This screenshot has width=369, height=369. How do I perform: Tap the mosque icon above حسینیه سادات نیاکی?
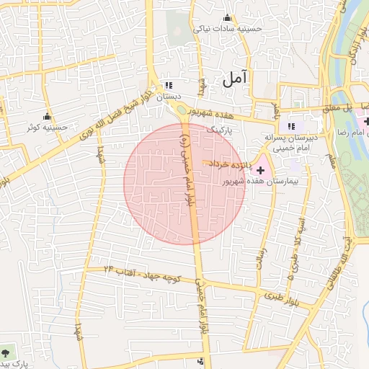(228, 18)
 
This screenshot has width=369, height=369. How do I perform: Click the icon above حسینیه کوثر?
(48, 117)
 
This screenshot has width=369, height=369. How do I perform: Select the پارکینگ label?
(221, 131)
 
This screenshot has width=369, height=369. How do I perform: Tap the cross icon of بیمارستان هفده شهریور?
(260, 169)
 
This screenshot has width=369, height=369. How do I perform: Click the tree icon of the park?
(6, 353)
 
